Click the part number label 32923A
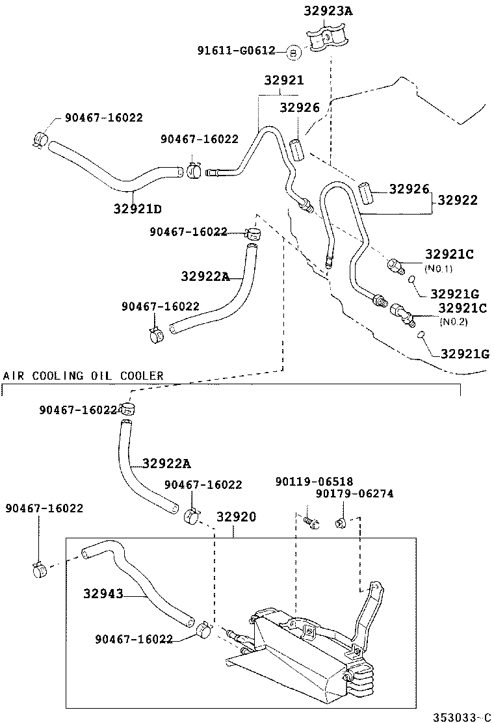tap(329, 11)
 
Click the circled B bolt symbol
tap(292, 52)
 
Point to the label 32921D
tap(137, 209)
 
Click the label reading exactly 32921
tap(284, 81)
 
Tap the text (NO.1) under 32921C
tap(439, 268)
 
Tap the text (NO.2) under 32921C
tap(453, 321)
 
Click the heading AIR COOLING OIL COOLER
tap(83, 376)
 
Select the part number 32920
tap(236, 517)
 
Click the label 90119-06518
tap(314, 482)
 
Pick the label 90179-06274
tap(354, 494)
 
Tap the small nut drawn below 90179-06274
tap(340, 523)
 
